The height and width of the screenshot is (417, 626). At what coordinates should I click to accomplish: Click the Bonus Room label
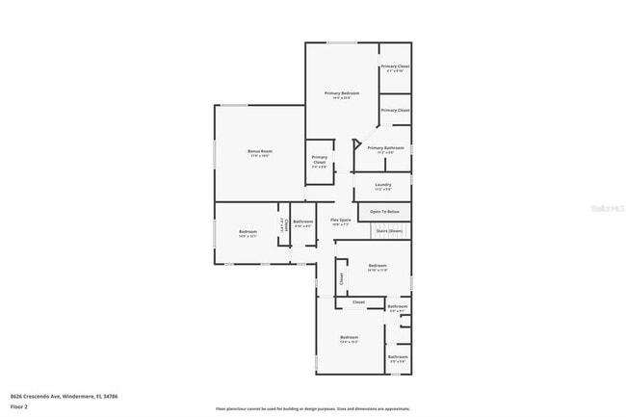coord(258,151)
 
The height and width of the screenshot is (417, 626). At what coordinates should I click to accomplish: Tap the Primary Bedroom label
coord(341,93)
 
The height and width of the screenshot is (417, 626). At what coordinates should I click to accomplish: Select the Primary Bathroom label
coord(385,147)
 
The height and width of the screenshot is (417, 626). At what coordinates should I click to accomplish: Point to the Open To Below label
coord(384,212)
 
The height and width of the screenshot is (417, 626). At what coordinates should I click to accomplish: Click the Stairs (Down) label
coord(389,231)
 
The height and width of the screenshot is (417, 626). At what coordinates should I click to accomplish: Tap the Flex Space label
coord(340,220)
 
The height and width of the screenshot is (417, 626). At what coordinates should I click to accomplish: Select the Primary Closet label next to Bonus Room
coord(319,160)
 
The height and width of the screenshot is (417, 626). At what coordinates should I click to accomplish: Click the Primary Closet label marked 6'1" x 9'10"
coord(395,66)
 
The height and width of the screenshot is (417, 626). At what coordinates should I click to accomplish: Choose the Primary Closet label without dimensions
coord(395,111)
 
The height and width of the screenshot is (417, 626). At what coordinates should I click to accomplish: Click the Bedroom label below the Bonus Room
coord(248,231)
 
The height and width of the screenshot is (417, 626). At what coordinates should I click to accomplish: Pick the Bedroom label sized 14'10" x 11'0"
coord(377,266)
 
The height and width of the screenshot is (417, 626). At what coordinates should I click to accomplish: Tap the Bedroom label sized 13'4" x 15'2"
coord(349,339)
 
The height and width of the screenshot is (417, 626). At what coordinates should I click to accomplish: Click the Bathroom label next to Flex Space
coord(302,222)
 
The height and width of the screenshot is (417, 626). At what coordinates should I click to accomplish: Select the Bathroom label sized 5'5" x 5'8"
coord(398,357)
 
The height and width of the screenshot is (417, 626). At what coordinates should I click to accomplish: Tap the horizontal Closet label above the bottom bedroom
coord(358,302)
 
